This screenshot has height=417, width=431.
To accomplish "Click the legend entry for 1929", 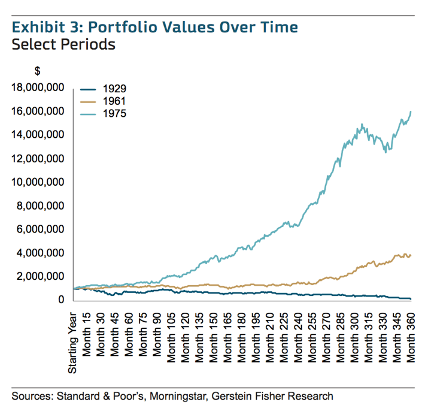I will click(113, 89).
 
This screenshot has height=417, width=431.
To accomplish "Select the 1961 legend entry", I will click(113, 101).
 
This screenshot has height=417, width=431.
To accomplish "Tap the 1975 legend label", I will click(113, 113).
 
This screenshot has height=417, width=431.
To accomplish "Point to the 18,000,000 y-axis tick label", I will click(37, 87).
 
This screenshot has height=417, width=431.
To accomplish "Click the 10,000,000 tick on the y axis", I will click(37, 182).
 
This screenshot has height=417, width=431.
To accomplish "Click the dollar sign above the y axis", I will click(37, 71).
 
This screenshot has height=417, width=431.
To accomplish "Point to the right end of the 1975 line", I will click(411, 111).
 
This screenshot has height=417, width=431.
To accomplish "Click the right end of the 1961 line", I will click(411, 255).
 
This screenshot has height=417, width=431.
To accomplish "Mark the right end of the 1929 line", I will click(411, 298).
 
